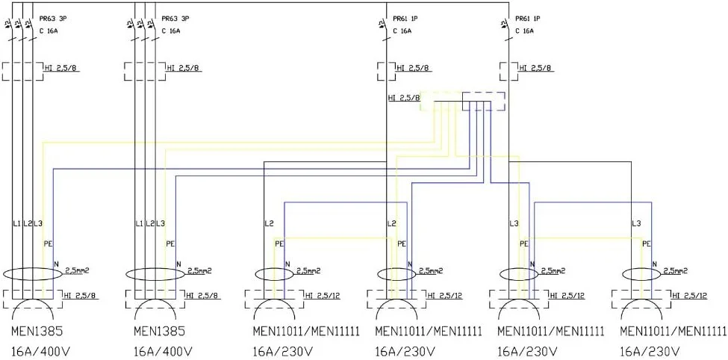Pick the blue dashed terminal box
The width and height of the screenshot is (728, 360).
coord(483,102)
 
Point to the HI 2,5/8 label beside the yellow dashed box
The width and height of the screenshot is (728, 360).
coord(403,98)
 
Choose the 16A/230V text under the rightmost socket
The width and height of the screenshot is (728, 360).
coord(649,350)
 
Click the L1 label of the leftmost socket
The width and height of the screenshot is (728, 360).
coord(16,223)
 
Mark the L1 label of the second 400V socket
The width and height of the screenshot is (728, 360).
coord(139,223)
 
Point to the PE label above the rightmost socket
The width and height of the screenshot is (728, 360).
coord(646,243)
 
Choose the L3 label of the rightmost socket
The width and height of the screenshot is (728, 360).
coord(636,223)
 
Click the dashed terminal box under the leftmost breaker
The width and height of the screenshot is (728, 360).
coord(22,72)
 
